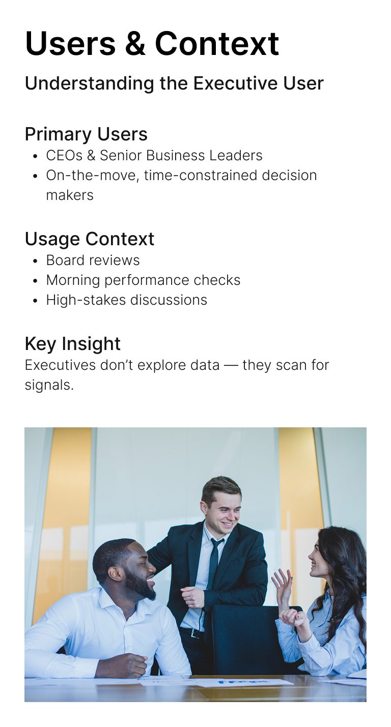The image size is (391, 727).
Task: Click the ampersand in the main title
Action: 135,43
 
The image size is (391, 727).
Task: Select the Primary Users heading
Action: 86,134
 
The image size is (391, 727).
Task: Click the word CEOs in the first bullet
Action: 64,156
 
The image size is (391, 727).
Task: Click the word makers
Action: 70,195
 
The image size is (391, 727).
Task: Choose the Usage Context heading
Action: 90,239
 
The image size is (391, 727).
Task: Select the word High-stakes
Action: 86,300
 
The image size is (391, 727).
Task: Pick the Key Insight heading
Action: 73,344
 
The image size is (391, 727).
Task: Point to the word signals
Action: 49,386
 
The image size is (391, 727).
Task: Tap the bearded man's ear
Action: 115,573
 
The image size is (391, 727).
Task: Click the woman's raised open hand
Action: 282,584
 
